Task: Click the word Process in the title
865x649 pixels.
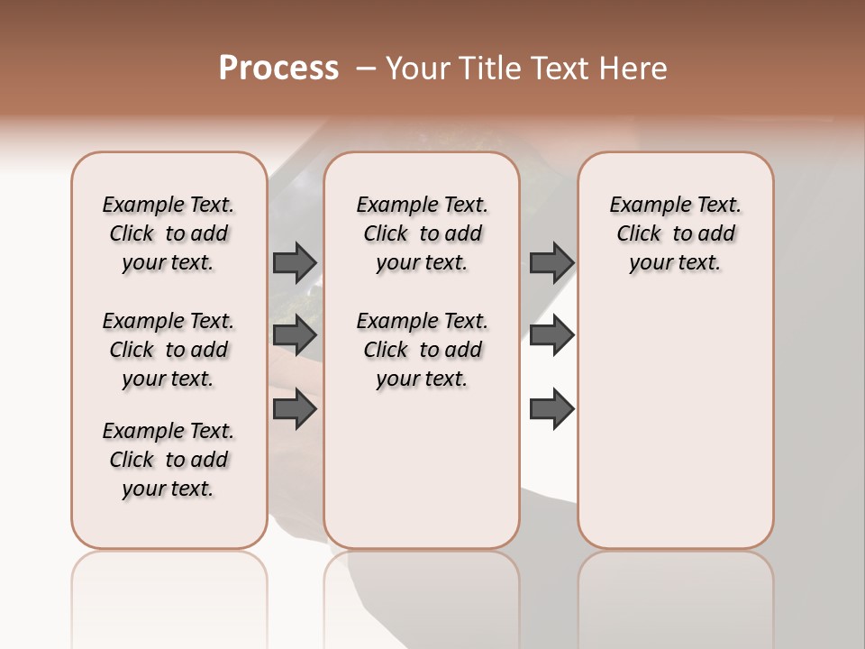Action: click(278, 69)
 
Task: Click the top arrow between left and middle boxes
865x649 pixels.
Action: click(295, 262)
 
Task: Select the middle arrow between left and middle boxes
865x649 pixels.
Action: click(295, 335)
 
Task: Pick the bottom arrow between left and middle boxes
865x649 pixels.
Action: click(295, 410)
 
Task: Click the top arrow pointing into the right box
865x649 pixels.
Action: click(551, 262)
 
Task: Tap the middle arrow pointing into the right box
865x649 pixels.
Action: click(551, 335)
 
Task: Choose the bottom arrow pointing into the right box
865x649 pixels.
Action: click(551, 410)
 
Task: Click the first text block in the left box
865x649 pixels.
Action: click(168, 233)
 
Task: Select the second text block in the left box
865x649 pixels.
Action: click(168, 350)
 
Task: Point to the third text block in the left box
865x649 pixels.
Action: click(168, 460)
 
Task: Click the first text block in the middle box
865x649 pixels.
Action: click(422, 233)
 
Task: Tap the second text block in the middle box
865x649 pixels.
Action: click(422, 350)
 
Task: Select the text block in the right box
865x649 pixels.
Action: click(675, 233)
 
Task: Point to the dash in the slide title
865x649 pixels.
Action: click(365, 69)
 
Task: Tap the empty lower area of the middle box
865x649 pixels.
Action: click(422, 469)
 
